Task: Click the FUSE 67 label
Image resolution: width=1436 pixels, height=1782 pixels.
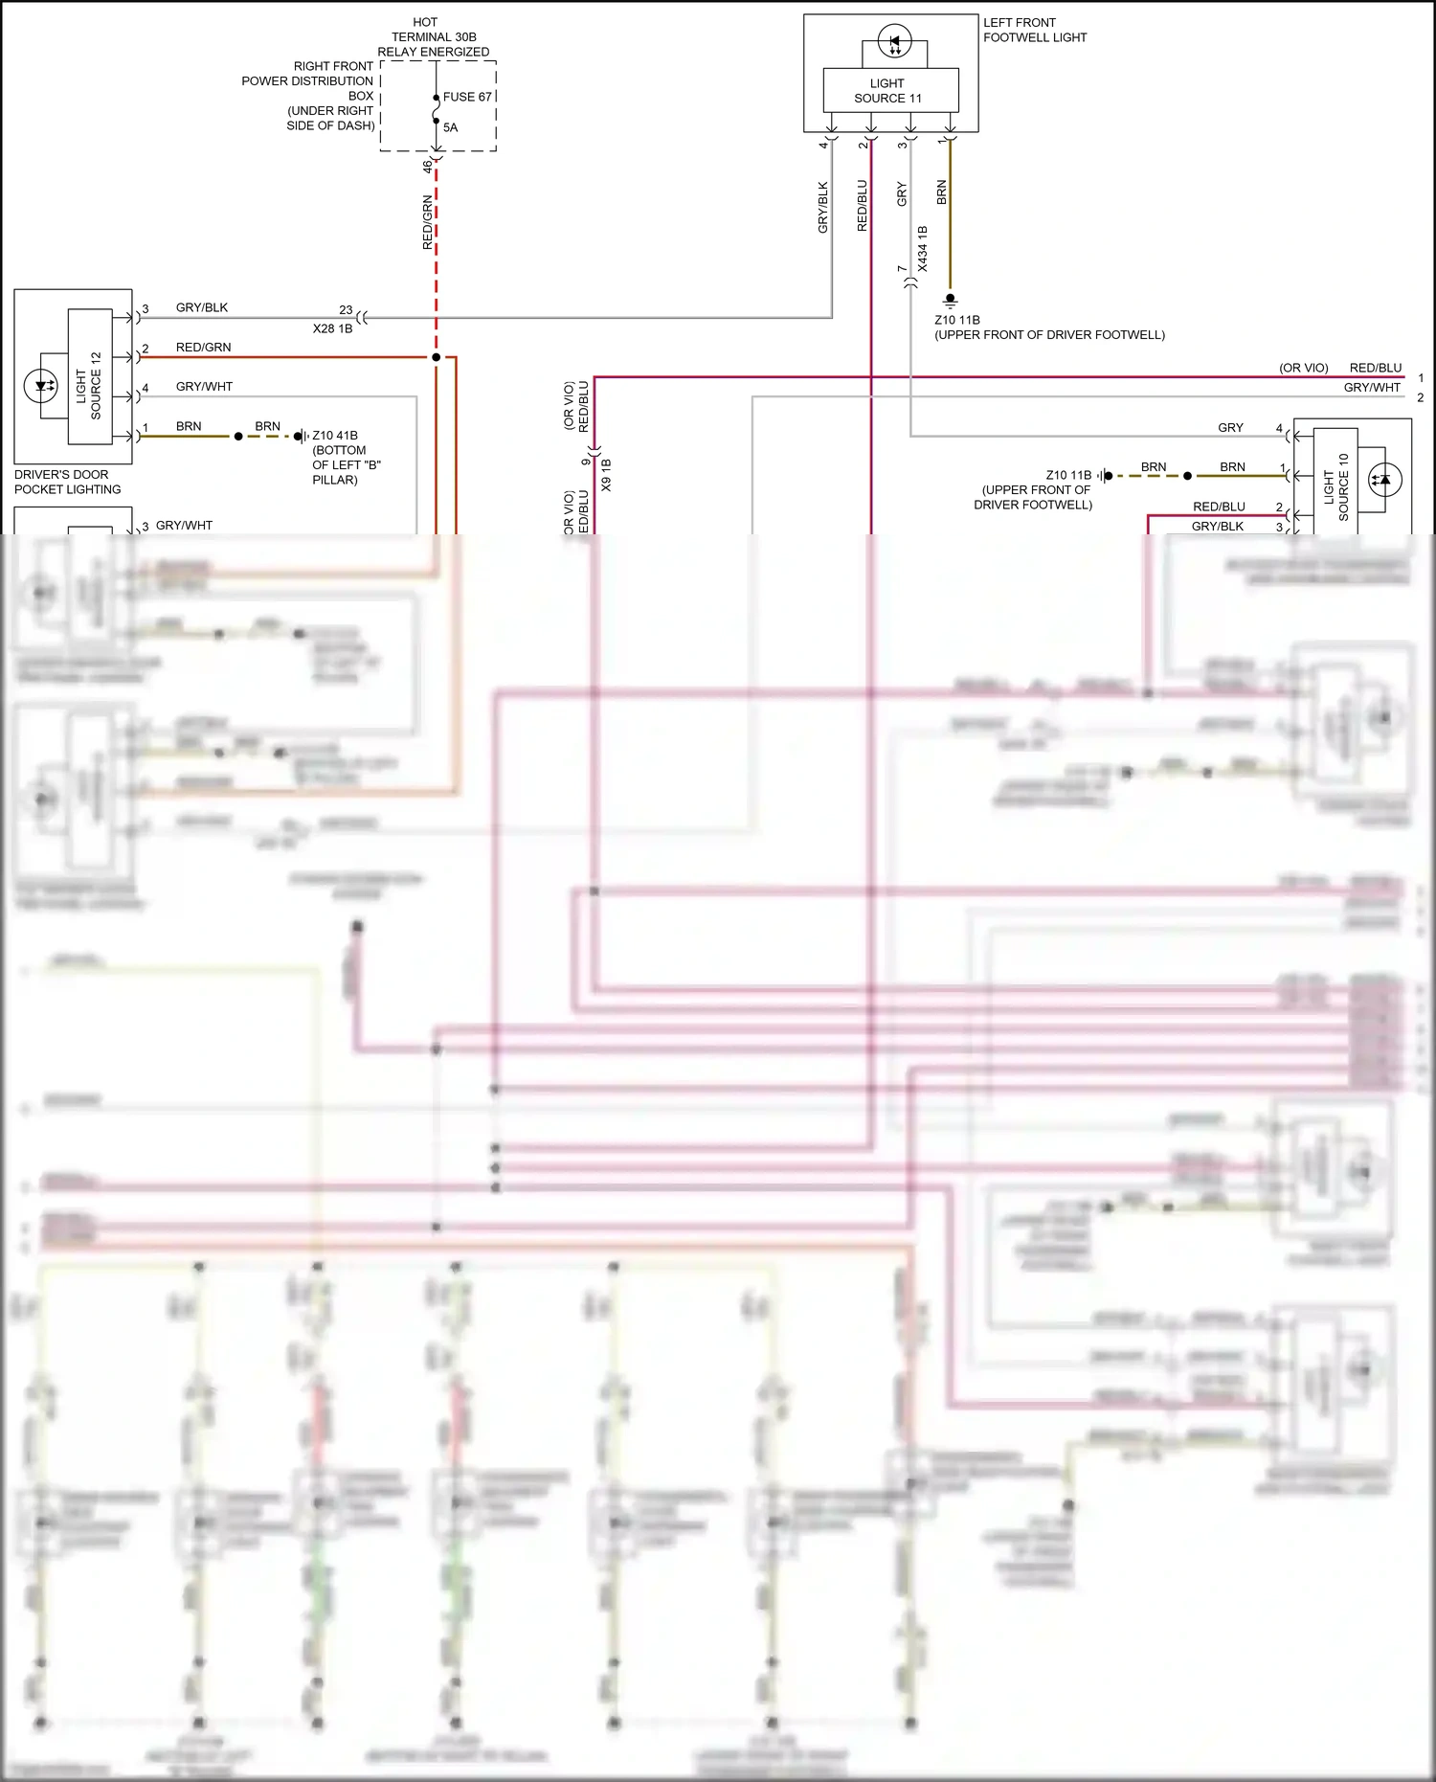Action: (x=466, y=97)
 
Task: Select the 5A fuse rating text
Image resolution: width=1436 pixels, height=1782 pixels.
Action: (x=450, y=127)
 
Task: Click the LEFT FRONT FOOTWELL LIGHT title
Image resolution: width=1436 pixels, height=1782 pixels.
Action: (x=1034, y=30)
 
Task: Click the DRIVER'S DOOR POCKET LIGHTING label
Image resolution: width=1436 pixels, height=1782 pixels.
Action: (x=67, y=482)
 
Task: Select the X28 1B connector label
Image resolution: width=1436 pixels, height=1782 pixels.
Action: (x=332, y=328)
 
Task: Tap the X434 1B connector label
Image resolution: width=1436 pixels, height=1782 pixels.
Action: (x=923, y=249)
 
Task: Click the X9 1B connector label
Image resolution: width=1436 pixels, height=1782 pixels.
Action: (x=606, y=475)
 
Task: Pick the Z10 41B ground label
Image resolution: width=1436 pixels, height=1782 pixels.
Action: (x=335, y=436)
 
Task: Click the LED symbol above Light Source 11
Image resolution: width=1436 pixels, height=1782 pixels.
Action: (x=895, y=42)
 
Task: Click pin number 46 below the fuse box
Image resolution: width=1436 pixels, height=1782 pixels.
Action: (x=427, y=166)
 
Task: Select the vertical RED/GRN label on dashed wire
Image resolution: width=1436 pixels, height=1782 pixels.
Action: (x=427, y=223)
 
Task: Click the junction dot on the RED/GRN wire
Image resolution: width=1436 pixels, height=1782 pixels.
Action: (x=436, y=357)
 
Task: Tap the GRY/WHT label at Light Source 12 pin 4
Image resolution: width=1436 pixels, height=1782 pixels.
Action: (x=204, y=387)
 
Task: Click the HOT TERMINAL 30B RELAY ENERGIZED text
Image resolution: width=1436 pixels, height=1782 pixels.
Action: (x=433, y=36)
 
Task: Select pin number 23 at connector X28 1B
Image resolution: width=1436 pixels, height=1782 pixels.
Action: (x=346, y=310)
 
